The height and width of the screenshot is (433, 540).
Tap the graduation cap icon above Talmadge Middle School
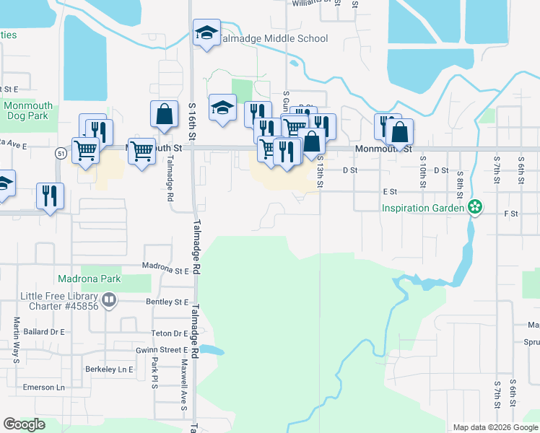206,33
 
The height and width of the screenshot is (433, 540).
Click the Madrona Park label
90,279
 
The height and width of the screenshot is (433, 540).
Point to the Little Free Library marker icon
109,299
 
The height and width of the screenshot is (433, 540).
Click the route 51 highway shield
62,152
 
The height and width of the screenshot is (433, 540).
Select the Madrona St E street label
165,271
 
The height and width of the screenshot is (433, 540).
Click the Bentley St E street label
167,301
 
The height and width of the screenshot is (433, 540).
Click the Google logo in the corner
25,424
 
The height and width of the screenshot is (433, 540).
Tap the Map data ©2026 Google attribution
495,427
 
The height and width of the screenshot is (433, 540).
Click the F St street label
511,214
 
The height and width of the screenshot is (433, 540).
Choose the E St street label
390,192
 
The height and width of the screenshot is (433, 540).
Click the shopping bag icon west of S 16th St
164,114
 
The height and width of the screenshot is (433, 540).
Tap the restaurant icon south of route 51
50,196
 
